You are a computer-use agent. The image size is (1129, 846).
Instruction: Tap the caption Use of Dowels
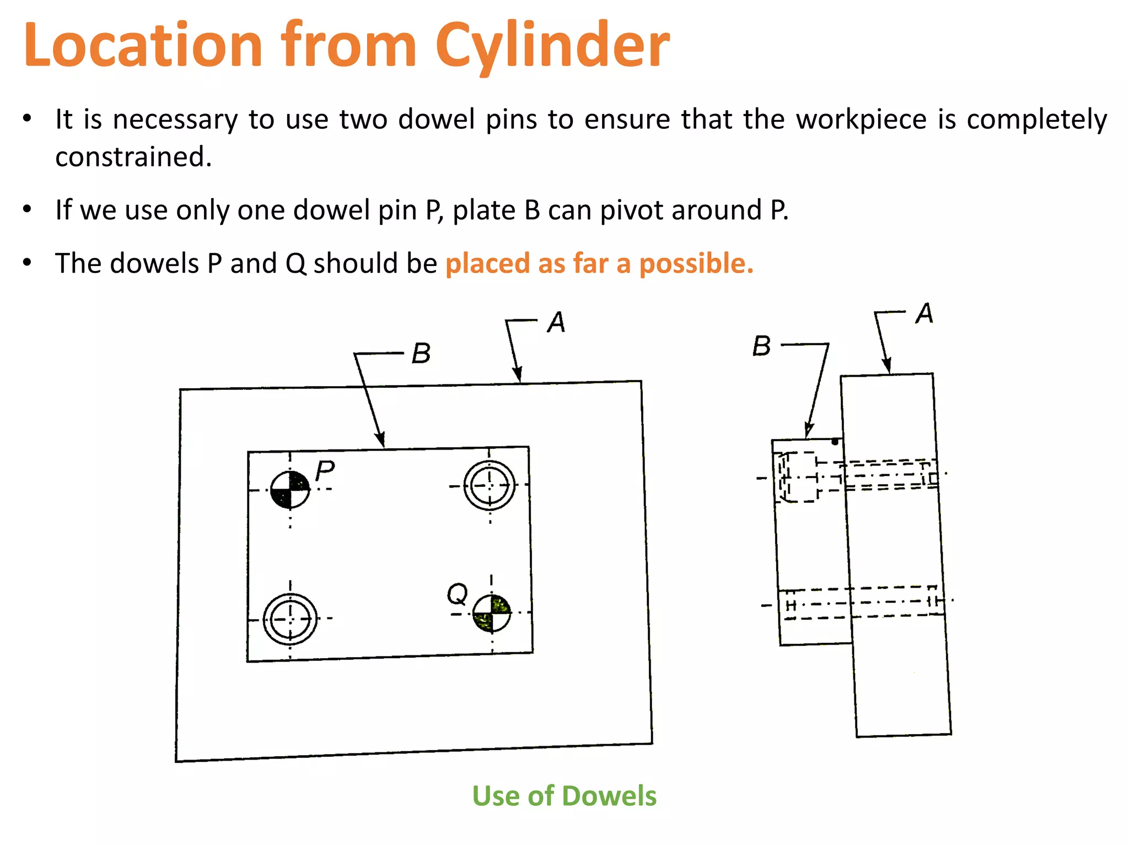tap(564, 796)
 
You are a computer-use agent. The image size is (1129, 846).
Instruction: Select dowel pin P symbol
tap(290, 490)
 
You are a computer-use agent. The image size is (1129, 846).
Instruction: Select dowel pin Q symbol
tap(492, 613)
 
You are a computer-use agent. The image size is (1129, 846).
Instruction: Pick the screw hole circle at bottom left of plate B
tap(290, 619)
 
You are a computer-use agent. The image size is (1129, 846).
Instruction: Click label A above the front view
tap(556, 322)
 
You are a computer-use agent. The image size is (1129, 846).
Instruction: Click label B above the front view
tap(421, 354)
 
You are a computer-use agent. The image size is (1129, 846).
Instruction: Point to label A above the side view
tap(924, 313)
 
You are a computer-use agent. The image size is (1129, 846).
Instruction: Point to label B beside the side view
tap(762, 346)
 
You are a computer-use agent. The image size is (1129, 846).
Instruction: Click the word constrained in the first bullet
tap(133, 157)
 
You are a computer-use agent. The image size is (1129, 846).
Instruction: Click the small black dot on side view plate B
tap(835, 442)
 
